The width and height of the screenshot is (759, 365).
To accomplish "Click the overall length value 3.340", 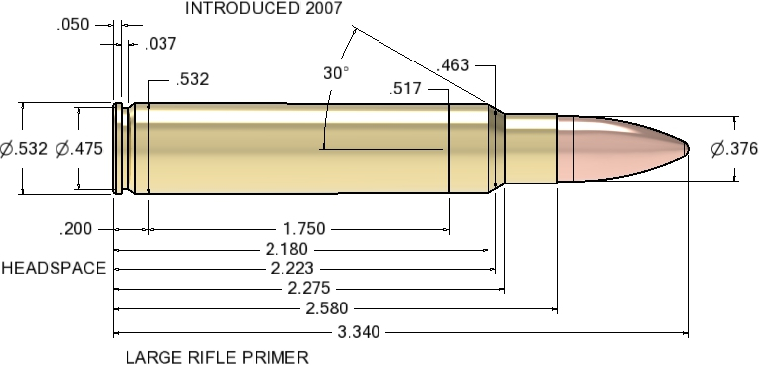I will click(358, 332).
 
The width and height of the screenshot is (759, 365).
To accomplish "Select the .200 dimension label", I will click(76, 229).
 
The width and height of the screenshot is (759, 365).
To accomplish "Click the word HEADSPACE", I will click(54, 269).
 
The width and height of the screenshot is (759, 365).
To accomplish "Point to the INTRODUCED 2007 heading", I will click(264, 9).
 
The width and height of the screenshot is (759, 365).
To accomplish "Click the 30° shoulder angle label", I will click(336, 73).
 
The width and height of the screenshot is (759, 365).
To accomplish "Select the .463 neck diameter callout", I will click(453, 66).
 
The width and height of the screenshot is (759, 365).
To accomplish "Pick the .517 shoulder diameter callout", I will click(407, 90).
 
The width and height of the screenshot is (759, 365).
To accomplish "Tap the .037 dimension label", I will click(161, 44).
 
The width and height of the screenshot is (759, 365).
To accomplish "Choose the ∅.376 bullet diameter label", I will click(734, 149).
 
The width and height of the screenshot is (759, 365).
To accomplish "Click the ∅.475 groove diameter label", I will click(80, 149).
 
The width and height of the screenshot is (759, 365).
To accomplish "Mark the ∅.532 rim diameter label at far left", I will click(24, 149).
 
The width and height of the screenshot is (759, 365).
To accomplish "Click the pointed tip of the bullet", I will click(687, 149).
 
